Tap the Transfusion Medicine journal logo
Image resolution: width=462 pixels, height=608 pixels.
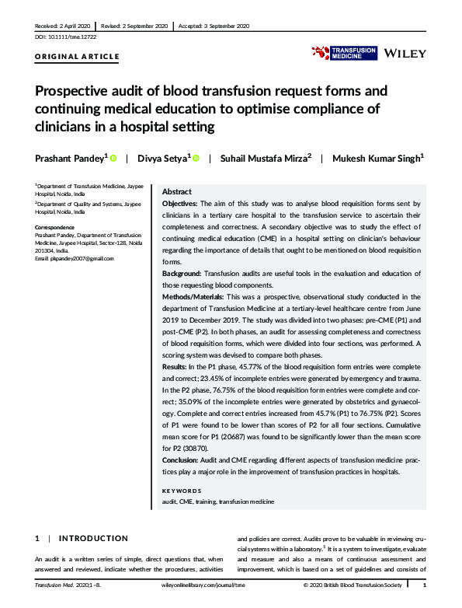click(344, 52)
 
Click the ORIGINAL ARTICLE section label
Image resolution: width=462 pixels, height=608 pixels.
click(78, 57)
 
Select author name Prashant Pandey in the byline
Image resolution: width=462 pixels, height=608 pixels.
click(70, 158)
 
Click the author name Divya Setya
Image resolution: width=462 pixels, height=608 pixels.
click(161, 158)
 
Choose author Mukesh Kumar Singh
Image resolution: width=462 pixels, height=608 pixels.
click(378, 158)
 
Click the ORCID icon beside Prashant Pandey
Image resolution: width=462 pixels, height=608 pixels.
click(113, 159)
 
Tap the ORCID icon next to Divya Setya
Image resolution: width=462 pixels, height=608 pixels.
click(196, 159)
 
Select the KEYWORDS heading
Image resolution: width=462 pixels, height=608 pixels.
click(181, 491)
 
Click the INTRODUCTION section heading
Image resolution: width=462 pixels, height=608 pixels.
click(92, 538)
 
